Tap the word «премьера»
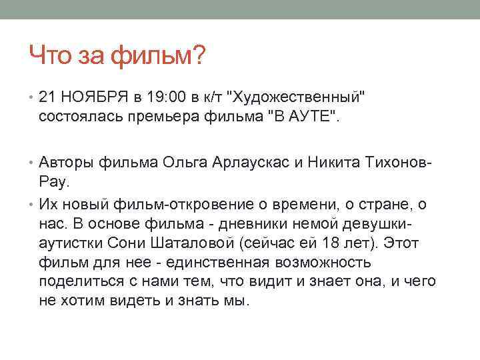click(194, 117)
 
